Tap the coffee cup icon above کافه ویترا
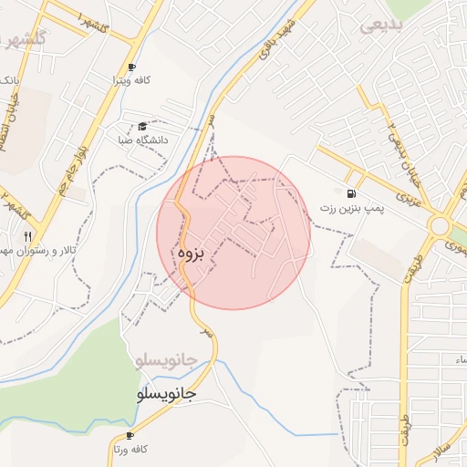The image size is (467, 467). click(x=131, y=67)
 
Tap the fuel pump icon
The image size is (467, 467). click(x=350, y=193)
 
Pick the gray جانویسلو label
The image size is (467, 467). click(x=164, y=359)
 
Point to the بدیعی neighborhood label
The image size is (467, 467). click(x=380, y=26)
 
